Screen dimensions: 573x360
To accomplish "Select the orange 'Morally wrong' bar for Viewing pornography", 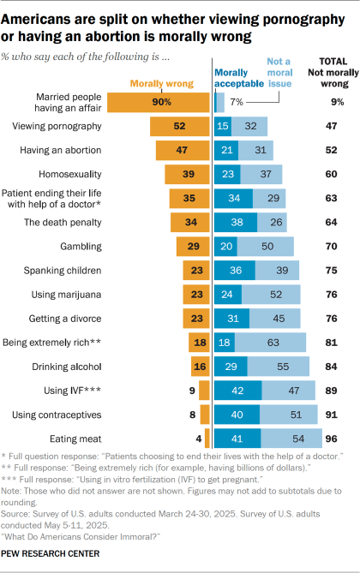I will pos(180,127).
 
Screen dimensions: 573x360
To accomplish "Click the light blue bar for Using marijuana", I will pos(271,294).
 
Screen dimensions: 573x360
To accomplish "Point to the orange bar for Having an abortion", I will pos(183,151).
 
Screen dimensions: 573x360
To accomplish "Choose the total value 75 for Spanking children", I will pos(328,269).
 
